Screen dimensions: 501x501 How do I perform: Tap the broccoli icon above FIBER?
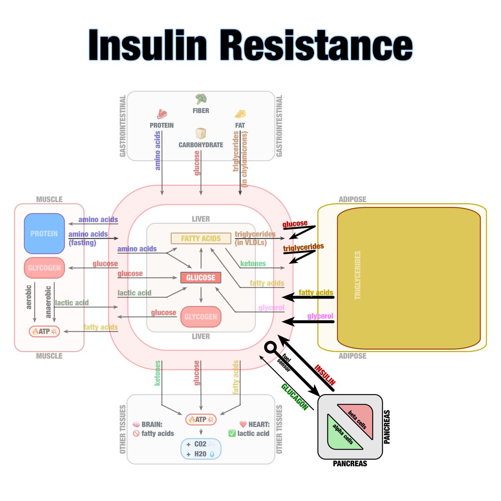pyautogui.click(x=201, y=99)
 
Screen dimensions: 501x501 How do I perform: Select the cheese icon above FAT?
pyautogui.click(x=240, y=114)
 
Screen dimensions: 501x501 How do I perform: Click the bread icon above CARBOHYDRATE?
pyautogui.click(x=201, y=134)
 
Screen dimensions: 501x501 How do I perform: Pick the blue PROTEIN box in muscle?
pyautogui.click(x=44, y=234)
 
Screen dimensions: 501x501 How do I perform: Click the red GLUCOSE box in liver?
pyautogui.click(x=201, y=278)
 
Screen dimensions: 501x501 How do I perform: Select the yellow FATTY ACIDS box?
pyautogui.click(x=201, y=238)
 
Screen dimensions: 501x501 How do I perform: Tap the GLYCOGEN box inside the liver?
pyautogui.click(x=201, y=317)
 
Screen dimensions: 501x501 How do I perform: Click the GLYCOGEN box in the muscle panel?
pyautogui.click(x=44, y=268)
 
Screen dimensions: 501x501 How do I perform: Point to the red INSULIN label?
pyautogui.click(x=325, y=375)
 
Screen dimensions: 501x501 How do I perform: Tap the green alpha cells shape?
pyautogui.click(x=342, y=434)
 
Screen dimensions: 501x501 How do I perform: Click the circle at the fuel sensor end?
pyautogui.click(x=271, y=347)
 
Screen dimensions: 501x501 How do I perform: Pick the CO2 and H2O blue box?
pyautogui.click(x=201, y=449)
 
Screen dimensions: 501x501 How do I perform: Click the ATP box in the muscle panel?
pyautogui.click(x=44, y=331)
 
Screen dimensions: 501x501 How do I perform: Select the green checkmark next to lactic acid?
pyautogui.click(x=232, y=433)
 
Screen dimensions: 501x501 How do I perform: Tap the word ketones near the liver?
pyautogui.click(x=253, y=263)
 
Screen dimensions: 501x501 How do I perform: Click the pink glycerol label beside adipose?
pyautogui.click(x=320, y=316)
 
